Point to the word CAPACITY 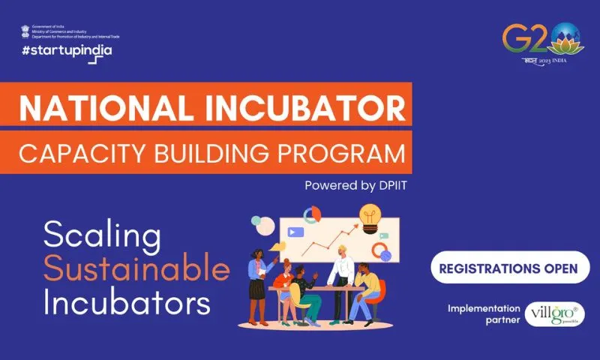(76, 154)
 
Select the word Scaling (102, 237)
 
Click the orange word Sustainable (136, 270)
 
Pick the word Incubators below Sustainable (126, 303)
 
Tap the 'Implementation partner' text (483, 313)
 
